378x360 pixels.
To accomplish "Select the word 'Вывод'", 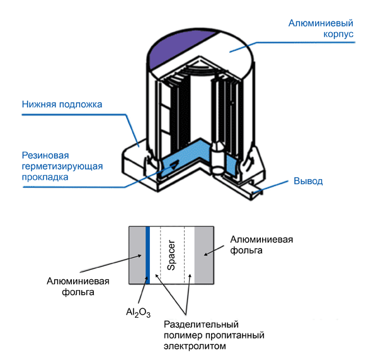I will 308,182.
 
